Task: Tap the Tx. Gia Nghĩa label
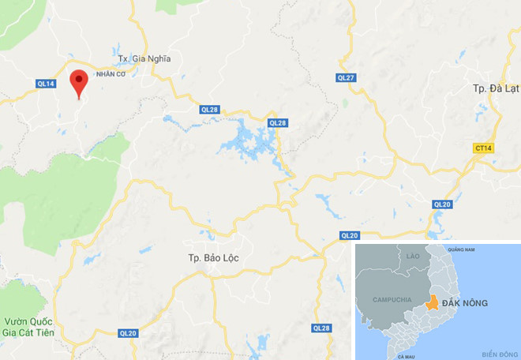click(144, 58)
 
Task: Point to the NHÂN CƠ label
click(111, 73)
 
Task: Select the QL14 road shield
click(46, 83)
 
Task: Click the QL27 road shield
click(346, 77)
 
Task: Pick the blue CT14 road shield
click(484, 148)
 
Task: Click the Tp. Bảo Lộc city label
click(213, 258)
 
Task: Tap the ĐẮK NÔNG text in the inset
click(465, 303)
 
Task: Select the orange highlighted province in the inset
click(432, 303)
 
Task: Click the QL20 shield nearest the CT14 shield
click(442, 204)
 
